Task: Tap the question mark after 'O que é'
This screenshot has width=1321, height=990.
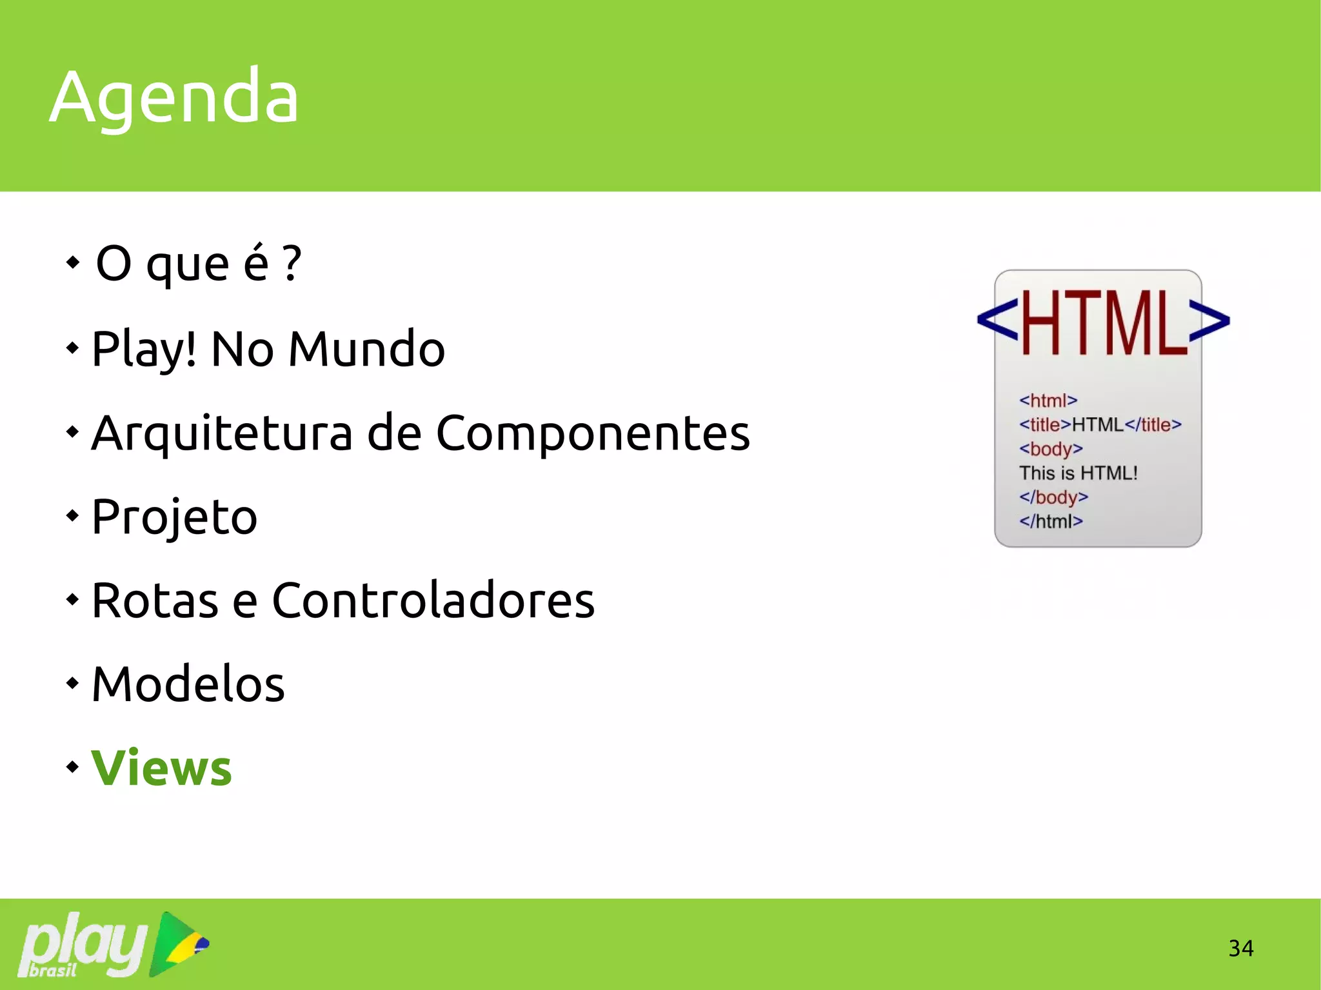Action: pyautogui.click(x=292, y=262)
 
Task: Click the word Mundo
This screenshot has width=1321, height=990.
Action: pyautogui.click(x=366, y=349)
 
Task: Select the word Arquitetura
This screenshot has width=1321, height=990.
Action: pyautogui.click(x=222, y=433)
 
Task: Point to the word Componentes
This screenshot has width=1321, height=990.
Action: pyautogui.click(x=593, y=433)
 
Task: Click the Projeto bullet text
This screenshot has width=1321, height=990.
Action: pyautogui.click(x=174, y=517)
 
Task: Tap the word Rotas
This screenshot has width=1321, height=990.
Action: pyautogui.click(x=155, y=600)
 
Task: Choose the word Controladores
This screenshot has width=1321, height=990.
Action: pyautogui.click(x=433, y=600)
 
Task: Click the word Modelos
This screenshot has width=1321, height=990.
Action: pyautogui.click(x=188, y=684)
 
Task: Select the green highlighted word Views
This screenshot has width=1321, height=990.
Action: pyautogui.click(x=161, y=768)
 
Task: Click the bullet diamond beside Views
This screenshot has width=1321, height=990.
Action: pyautogui.click(x=72, y=767)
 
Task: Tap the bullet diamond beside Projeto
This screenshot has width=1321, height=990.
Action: pyautogui.click(x=72, y=515)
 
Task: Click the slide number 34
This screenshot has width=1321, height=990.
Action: pyautogui.click(x=1240, y=948)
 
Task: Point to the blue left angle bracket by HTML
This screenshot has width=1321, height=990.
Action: pyautogui.click(x=997, y=321)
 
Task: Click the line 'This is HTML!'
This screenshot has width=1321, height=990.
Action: pyautogui.click(x=1078, y=473)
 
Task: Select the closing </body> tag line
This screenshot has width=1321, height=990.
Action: pyautogui.click(x=1053, y=497)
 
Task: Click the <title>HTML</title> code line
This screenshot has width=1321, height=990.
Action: pyautogui.click(x=1100, y=424)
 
